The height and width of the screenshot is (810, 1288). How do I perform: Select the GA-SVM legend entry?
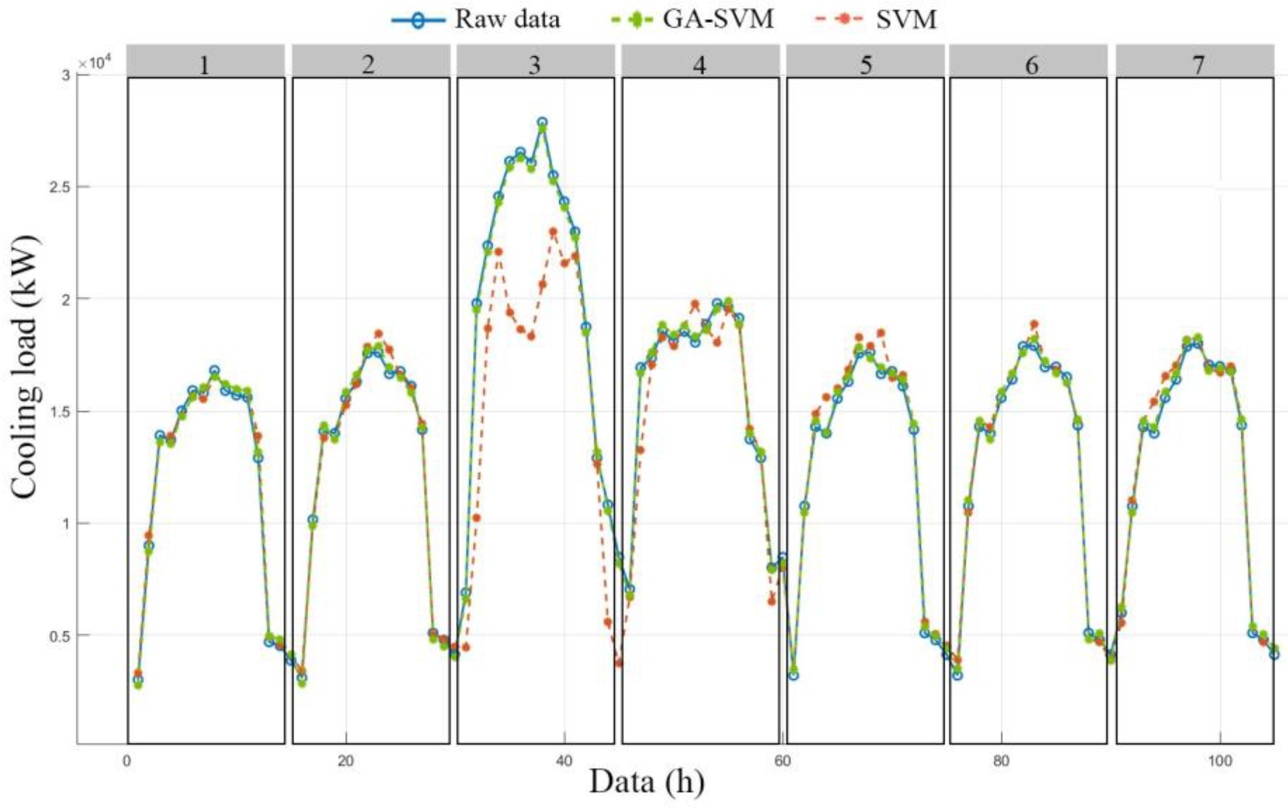coord(717,20)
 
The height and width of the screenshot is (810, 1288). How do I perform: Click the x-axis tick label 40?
coord(564,761)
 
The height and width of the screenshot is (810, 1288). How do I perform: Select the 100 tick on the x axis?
coord(1220,761)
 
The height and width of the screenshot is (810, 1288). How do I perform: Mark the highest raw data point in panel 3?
coord(542,122)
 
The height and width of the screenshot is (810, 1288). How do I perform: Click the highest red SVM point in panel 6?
coord(1034,324)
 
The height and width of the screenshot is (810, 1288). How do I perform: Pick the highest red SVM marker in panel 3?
coord(553,232)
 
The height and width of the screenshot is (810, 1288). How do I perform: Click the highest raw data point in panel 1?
coord(215,370)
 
